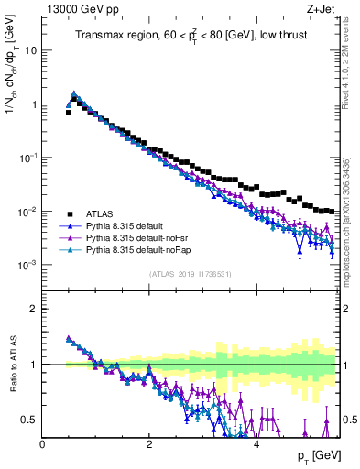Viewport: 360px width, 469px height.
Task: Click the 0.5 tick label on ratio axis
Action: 28,420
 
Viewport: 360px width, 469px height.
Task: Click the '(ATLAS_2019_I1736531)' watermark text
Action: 191,274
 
